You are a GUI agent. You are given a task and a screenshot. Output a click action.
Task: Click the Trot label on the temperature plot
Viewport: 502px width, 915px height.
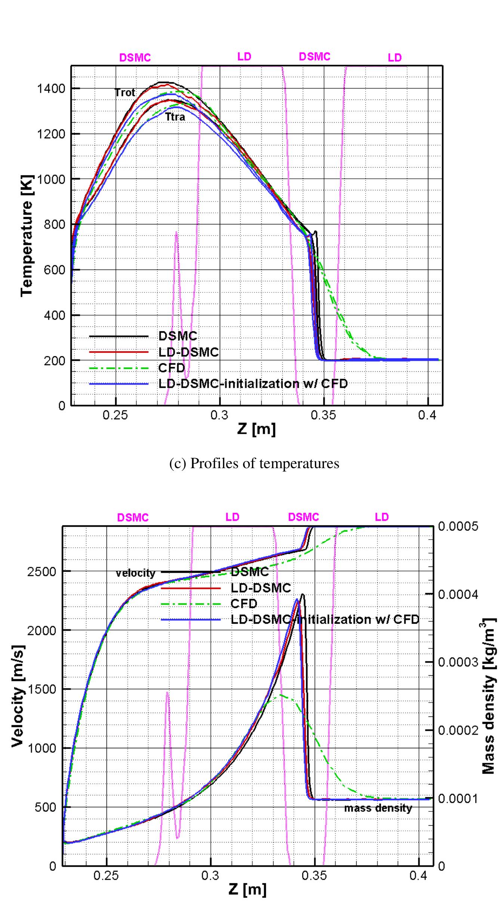coord(125,93)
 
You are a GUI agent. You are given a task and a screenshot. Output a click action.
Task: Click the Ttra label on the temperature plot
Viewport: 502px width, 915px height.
coord(175,117)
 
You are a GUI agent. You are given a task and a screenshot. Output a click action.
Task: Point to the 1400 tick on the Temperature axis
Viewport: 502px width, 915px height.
coord(51,89)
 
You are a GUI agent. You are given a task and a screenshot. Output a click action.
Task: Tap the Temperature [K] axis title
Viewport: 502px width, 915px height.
coord(27,236)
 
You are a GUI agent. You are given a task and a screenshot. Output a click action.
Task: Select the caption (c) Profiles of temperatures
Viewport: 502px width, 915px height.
coord(254,463)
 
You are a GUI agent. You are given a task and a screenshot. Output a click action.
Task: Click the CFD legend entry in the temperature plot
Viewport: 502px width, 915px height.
coord(172,368)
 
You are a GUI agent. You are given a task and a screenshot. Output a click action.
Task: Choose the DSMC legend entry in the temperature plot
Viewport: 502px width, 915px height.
coord(178,336)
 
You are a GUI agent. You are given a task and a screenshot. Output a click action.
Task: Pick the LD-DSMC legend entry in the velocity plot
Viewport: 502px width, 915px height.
coord(261,588)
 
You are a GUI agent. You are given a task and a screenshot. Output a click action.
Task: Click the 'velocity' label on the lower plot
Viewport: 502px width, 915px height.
coord(135,573)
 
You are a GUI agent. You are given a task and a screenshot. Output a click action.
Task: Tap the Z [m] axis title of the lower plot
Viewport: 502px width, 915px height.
coord(247,889)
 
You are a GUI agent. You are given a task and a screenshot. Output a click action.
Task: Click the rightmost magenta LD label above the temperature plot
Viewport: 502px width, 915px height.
coord(394,58)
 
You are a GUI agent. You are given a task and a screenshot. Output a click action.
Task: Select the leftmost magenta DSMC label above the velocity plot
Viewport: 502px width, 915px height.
coord(133,518)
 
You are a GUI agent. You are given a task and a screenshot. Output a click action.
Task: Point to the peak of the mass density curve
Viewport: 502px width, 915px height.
coord(302,595)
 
